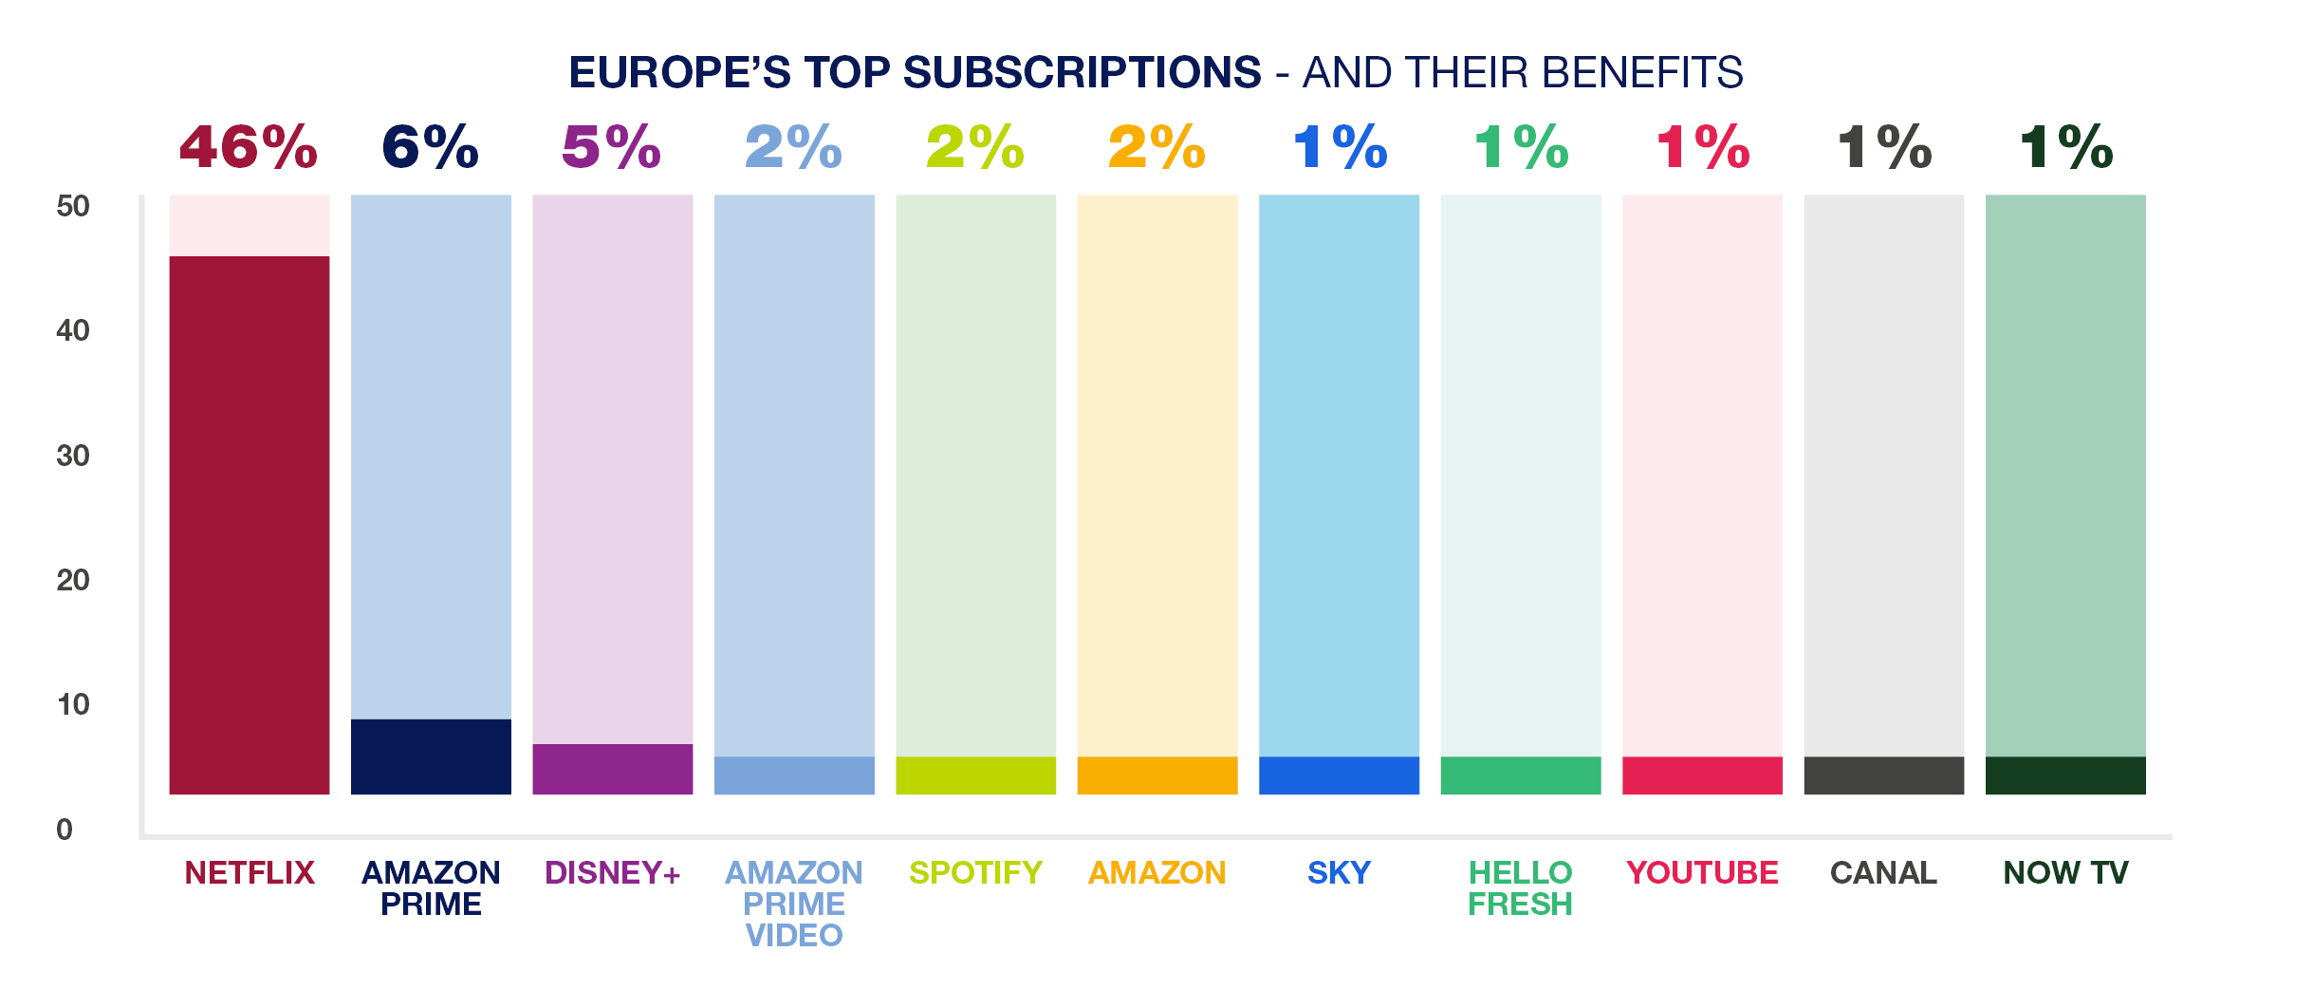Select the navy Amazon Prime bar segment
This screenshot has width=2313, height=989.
[x=431, y=756]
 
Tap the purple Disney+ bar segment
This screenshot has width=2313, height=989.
[x=612, y=769]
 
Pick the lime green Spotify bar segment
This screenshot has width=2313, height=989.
[x=975, y=775]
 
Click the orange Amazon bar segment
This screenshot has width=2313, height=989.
[x=1156, y=775]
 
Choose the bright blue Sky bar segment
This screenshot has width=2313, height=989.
[x=1339, y=775]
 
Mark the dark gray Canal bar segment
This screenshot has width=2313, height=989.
[x=1883, y=775]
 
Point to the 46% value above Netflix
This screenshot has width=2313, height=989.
[x=249, y=148]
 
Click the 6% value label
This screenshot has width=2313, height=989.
[x=430, y=148]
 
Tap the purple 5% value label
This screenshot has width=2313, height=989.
[x=611, y=148]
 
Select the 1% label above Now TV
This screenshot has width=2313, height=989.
[x=2065, y=148]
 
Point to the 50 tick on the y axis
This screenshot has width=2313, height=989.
[x=73, y=206]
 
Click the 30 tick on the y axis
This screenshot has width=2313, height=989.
[x=73, y=456]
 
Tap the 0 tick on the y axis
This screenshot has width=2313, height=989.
[x=65, y=830]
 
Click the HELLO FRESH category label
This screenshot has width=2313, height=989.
[x=1520, y=888]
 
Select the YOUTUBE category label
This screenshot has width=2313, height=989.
[x=1702, y=872]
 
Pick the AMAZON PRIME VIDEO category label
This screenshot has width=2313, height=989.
[x=794, y=904]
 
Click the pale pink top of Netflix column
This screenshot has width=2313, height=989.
[x=249, y=225]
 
